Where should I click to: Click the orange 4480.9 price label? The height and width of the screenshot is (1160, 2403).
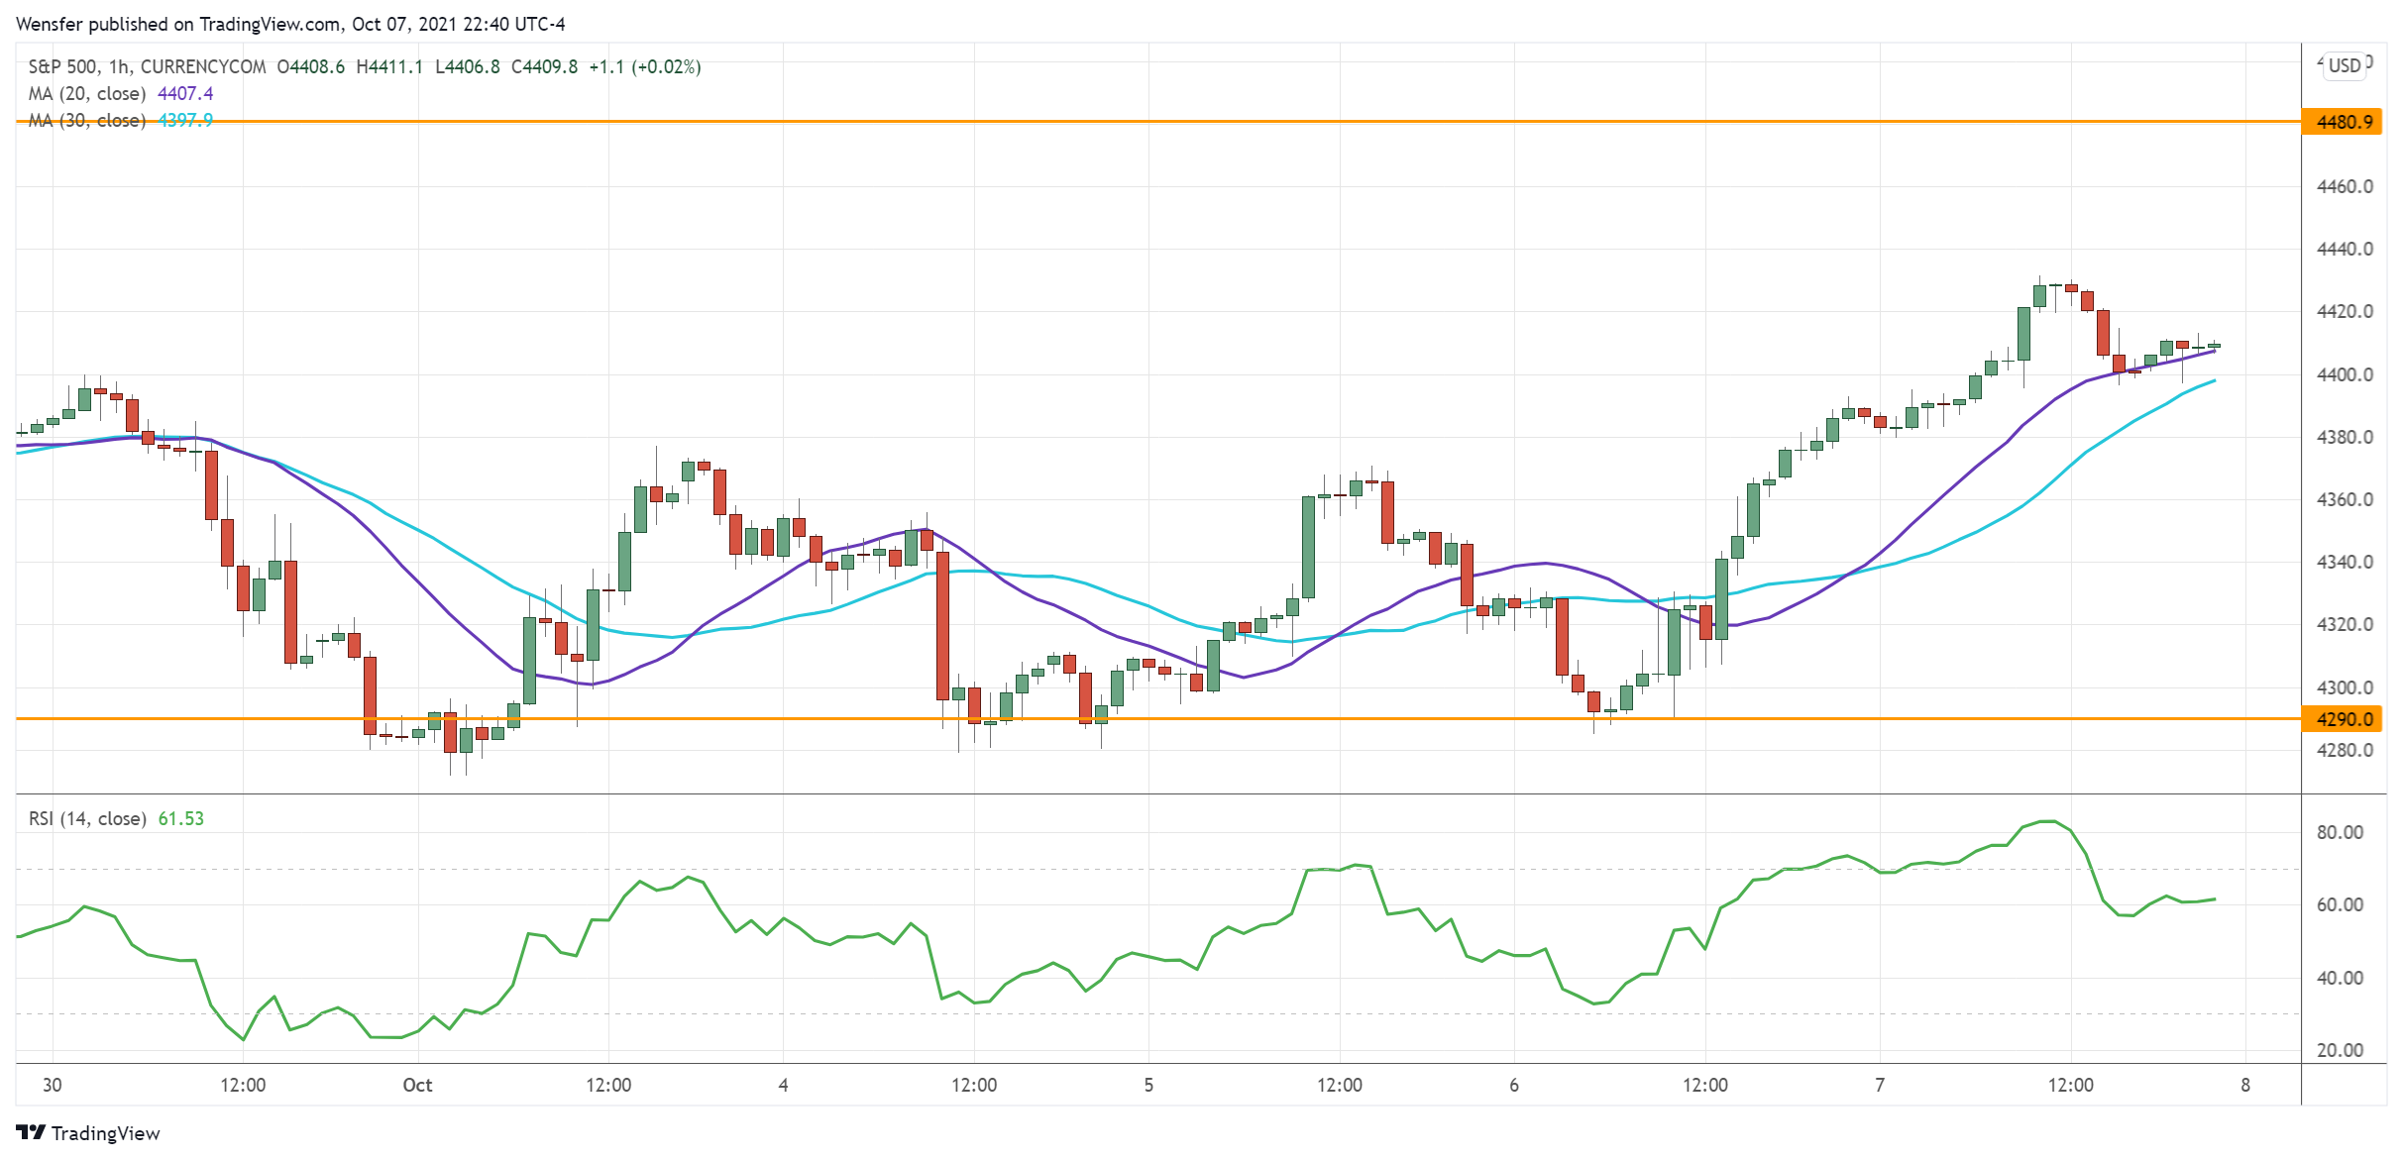[x=2344, y=122]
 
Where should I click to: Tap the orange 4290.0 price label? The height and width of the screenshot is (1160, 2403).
[x=2344, y=719]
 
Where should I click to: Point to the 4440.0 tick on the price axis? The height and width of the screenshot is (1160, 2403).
[x=2345, y=249]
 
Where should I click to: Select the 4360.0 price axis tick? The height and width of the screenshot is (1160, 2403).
[x=2345, y=499]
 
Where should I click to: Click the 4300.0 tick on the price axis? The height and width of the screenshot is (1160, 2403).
[x=2345, y=687]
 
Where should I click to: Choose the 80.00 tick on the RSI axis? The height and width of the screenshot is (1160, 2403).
[x=2340, y=832]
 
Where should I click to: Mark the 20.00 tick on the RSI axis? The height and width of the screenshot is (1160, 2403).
[x=2340, y=1050]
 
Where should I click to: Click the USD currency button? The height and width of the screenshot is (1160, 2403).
[x=2345, y=65]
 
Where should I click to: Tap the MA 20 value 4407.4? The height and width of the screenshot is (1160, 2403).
[x=185, y=93]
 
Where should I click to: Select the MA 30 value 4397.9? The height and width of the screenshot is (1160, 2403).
[x=185, y=120]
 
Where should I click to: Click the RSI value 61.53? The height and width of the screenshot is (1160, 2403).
[x=181, y=818]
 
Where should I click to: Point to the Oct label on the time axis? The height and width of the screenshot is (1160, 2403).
[x=417, y=1085]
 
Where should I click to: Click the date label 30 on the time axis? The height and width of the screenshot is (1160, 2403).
[x=53, y=1085]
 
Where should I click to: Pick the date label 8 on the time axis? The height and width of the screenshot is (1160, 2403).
[x=2245, y=1085]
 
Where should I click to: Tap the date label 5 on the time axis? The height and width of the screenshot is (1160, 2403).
[x=1148, y=1085]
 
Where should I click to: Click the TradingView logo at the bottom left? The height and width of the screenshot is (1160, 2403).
[x=88, y=1133]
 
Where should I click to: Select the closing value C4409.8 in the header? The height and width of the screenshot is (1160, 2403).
[x=544, y=66]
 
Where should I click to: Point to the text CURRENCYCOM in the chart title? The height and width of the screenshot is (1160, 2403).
[x=203, y=66]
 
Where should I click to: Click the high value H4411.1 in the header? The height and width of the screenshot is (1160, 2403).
[x=389, y=66]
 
